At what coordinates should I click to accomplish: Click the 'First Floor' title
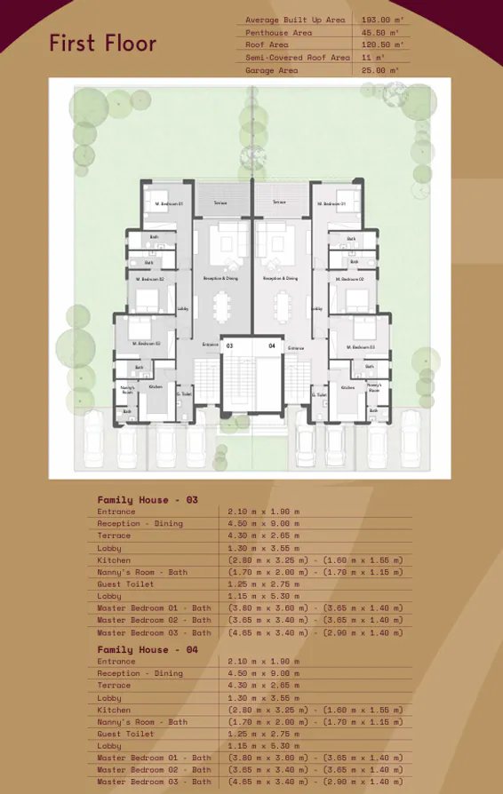(102, 43)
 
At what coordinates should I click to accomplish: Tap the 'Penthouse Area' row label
(279, 32)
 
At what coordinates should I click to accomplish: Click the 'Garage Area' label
(272, 70)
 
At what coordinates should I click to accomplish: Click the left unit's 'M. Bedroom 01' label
(169, 203)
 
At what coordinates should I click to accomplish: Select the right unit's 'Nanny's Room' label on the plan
(374, 388)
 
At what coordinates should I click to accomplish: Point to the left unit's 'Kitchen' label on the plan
(156, 386)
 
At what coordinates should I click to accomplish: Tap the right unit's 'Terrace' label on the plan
(279, 202)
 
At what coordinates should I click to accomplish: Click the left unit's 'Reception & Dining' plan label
(220, 278)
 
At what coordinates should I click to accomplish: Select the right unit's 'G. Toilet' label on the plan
(321, 394)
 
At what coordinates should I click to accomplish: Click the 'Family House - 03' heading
(148, 500)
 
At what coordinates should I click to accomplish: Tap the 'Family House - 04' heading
(148, 650)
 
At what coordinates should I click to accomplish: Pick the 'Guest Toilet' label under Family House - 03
(125, 584)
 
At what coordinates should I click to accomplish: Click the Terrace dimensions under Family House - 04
(263, 686)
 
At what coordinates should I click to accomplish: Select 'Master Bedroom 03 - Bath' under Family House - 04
(155, 782)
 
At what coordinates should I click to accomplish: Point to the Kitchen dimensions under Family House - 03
(315, 560)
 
